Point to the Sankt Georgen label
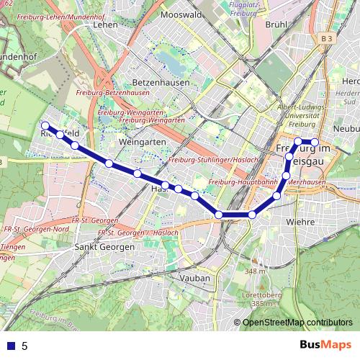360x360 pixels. click(x=104, y=246)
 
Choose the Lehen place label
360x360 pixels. click(x=105, y=24)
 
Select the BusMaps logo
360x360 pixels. click(x=327, y=345)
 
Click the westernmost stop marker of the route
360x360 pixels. click(x=45, y=125)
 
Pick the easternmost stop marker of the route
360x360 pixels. click(x=315, y=141)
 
